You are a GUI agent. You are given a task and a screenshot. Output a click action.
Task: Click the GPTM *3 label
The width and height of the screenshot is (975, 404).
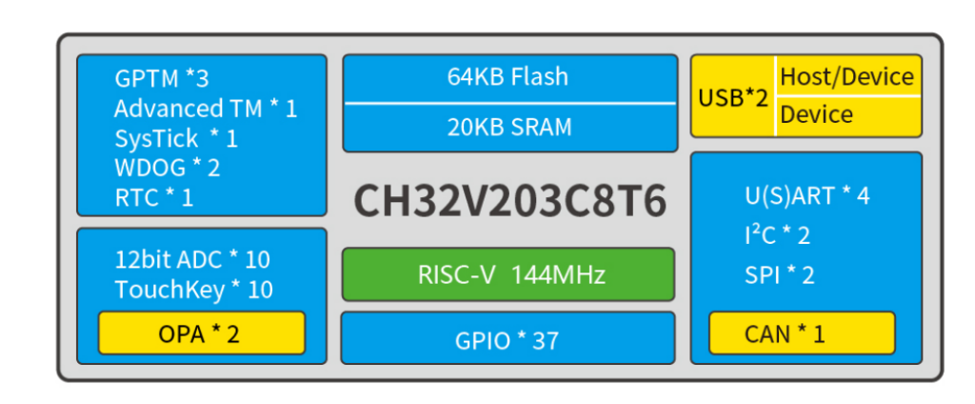click(x=161, y=78)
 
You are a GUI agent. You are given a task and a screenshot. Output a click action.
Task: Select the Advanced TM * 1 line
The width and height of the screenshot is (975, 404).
click(x=205, y=109)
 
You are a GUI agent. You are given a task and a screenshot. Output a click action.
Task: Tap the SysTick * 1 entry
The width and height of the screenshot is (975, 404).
click(x=175, y=138)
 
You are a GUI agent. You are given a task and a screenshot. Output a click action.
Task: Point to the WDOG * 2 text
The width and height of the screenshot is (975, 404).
click(x=167, y=168)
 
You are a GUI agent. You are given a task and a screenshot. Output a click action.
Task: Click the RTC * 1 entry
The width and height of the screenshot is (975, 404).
click(x=153, y=197)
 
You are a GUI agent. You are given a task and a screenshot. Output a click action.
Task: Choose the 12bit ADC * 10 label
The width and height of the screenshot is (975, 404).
click(x=192, y=259)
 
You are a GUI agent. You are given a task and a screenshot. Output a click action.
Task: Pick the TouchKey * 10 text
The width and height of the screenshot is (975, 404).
click(x=193, y=290)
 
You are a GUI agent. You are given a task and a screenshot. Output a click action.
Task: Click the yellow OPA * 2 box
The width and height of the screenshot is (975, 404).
click(x=202, y=333)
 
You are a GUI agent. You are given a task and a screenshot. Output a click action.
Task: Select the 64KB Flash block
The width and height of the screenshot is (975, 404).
click(x=507, y=77)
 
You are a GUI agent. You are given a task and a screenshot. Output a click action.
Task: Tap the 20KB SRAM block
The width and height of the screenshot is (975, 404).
click(x=507, y=127)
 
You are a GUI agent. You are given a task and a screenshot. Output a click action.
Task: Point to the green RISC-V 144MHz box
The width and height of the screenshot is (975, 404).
click(x=507, y=274)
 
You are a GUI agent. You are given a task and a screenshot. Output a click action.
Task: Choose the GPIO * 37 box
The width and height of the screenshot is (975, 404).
click(x=507, y=339)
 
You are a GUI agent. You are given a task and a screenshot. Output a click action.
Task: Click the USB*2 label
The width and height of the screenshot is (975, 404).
click(x=732, y=96)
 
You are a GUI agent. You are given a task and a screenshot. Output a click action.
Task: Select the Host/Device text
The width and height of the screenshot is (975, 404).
click(x=846, y=77)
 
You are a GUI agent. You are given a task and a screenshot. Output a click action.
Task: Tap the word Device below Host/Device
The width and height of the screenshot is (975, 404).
click(x=816, y=115)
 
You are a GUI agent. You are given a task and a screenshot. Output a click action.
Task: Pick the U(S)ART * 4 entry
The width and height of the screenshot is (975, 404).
click(x=806, y=196)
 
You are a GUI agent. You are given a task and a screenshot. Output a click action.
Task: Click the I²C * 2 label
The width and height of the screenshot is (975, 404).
click(x=777, y=235)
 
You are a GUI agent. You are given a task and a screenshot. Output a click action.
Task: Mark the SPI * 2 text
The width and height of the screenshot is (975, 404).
click(x=779, y=275)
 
